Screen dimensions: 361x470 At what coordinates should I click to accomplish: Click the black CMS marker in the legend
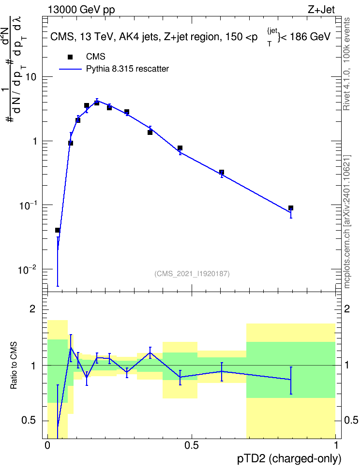pyautogui.click(x=70, y=57)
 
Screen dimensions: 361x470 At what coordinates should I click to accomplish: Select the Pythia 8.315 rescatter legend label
pyautogui.click(x=127, y=69)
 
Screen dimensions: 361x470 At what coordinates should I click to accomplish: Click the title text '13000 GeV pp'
pyautogui.click(x=81, y=10)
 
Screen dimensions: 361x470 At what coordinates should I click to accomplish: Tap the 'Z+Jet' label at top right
pyautogui.click(x=321, y=10)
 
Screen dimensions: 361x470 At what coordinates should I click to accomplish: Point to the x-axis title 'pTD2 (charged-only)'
pyautogui.click(x=289, y=458)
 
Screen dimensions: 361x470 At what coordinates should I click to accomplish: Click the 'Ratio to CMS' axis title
pyautogui.click(x=14, y=366)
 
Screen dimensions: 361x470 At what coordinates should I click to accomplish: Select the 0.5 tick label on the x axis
pyautogui.click(x=192, y=445)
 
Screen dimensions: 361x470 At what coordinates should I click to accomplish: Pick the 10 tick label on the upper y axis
pyautogui.click(x=30, y=77)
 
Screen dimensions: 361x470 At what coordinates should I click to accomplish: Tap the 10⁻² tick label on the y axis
pyautogui.click(x=27, y=270)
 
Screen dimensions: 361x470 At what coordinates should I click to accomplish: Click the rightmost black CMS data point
pyautogui.click(x=290, y=208)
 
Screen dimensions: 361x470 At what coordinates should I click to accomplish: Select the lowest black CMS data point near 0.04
pyautogui.click(x=58, y=230)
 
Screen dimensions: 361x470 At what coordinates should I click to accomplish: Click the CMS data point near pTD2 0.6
pyautogui.click(x=222, y=172)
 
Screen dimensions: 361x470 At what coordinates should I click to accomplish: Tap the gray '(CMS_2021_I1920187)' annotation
pyautogui.click(x=192, y=274)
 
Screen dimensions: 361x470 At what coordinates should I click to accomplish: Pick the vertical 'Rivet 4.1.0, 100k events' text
pyautogui.click(x=346, y=64)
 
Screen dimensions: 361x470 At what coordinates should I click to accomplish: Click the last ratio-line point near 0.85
pyautogui.click(x=290, y=380)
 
